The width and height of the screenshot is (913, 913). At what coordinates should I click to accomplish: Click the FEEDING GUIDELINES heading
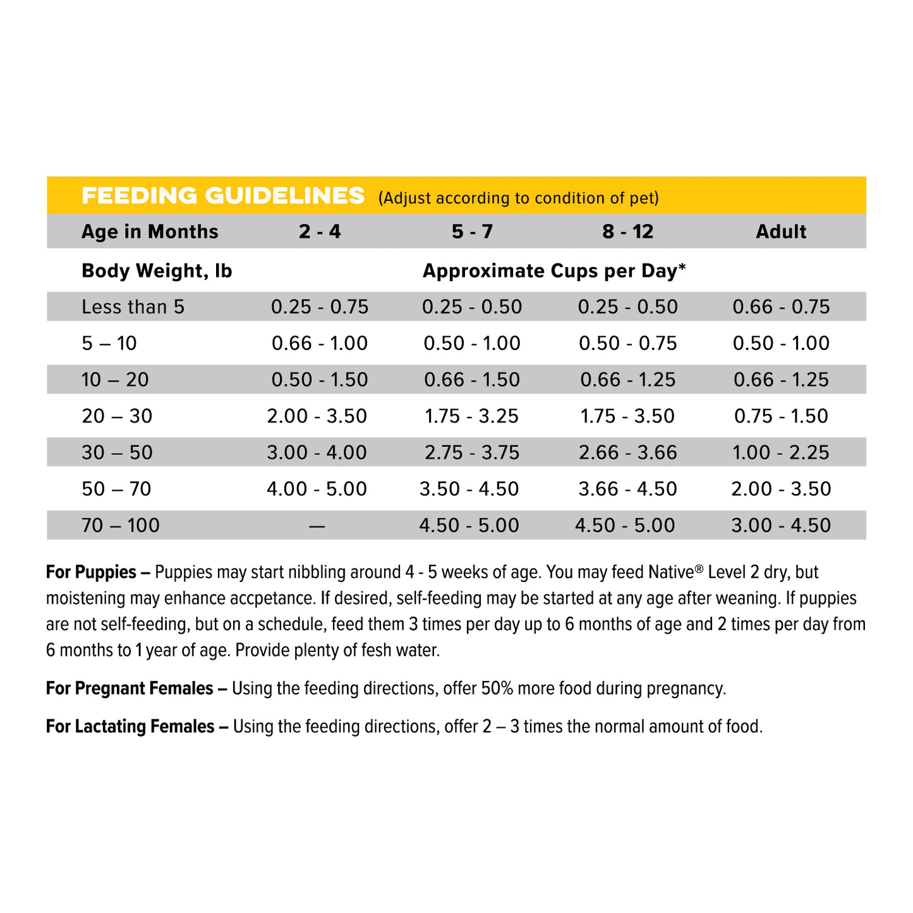(223, 196)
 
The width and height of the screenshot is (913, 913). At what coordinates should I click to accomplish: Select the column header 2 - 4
(320, 232)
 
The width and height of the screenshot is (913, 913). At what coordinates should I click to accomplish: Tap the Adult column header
(781, 232)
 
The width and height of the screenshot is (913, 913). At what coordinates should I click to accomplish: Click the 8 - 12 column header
(627, 232)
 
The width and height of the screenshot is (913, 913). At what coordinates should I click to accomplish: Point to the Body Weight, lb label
(157, 271)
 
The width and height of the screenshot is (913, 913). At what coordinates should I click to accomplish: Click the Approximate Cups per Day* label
(554, 271)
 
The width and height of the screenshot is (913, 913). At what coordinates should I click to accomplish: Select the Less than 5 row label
(133, 307)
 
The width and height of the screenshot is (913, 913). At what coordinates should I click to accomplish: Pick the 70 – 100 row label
(121, 525)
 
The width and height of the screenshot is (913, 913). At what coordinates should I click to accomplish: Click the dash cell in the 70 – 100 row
(317, 526)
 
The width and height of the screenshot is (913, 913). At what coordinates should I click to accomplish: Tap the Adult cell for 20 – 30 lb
(781, 416)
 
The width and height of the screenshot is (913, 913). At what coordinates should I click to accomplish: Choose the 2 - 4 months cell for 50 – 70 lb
(317, 489)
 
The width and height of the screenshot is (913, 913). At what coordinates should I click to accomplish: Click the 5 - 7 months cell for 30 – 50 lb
(472, 452)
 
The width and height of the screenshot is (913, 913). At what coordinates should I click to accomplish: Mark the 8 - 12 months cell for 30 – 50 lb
(627, 452)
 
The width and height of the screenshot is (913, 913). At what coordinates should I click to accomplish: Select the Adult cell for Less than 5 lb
(781, 307)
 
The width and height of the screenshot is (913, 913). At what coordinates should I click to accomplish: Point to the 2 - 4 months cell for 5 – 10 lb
(320, 344)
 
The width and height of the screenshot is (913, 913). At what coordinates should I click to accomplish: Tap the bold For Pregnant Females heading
(130, 688)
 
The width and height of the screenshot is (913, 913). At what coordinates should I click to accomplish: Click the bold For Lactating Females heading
(130, 727)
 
